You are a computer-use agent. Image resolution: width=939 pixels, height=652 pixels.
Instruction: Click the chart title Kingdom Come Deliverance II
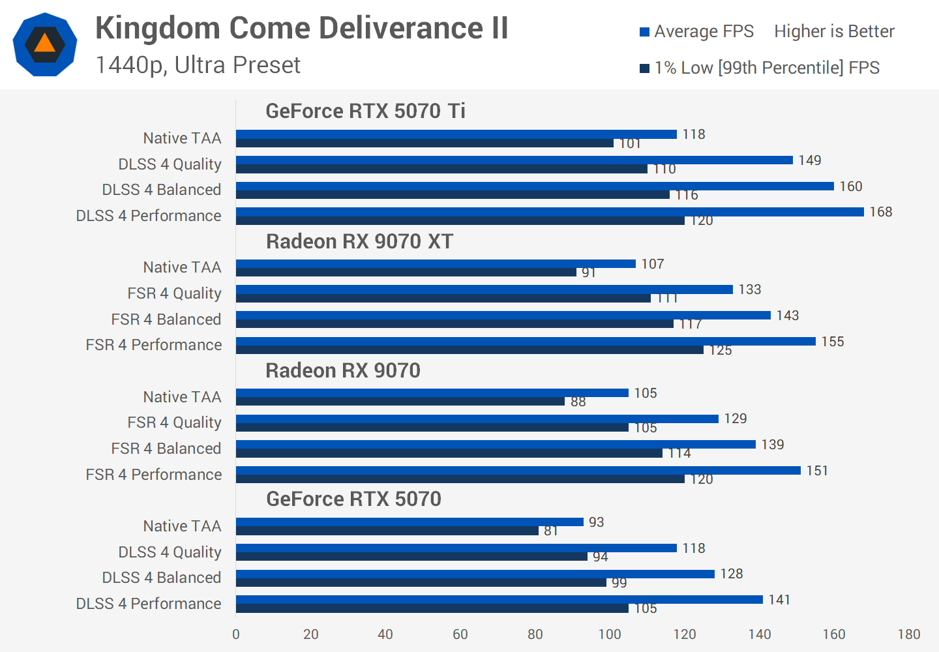point(301,29)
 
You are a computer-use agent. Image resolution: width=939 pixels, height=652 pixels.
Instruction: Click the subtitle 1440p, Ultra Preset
point(198,65)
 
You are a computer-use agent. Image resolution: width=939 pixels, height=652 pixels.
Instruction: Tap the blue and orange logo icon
point(45,44)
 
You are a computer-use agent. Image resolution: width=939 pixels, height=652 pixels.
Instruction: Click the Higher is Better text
point(834,31)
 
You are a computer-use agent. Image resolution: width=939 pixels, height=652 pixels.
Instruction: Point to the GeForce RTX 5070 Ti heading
point(365,111)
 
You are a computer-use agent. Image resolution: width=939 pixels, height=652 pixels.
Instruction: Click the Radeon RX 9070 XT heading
point(359,241)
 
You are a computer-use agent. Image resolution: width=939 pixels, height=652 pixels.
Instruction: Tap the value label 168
point(880,212)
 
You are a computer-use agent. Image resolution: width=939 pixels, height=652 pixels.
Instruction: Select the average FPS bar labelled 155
point(525,341)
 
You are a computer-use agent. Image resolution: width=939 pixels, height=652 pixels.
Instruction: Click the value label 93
point(596,522)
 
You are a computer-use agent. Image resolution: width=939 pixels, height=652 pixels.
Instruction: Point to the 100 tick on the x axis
point(610,634)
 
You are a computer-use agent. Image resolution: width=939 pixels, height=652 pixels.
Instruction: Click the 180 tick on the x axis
point(908,634)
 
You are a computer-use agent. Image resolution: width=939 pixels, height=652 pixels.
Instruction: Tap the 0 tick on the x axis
point(236,634)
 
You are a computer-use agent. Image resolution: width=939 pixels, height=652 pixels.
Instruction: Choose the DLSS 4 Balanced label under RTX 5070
point(161,578)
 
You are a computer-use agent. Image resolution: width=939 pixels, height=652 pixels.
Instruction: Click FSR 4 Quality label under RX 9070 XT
point(174,293)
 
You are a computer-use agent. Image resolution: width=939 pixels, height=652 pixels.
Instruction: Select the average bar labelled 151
point(518,470)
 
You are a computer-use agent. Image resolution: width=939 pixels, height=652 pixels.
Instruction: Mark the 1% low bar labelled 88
point(400,402)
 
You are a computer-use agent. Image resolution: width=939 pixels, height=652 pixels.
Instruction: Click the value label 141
point(779,600)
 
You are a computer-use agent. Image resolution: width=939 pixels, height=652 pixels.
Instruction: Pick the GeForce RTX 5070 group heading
point(353,499)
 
